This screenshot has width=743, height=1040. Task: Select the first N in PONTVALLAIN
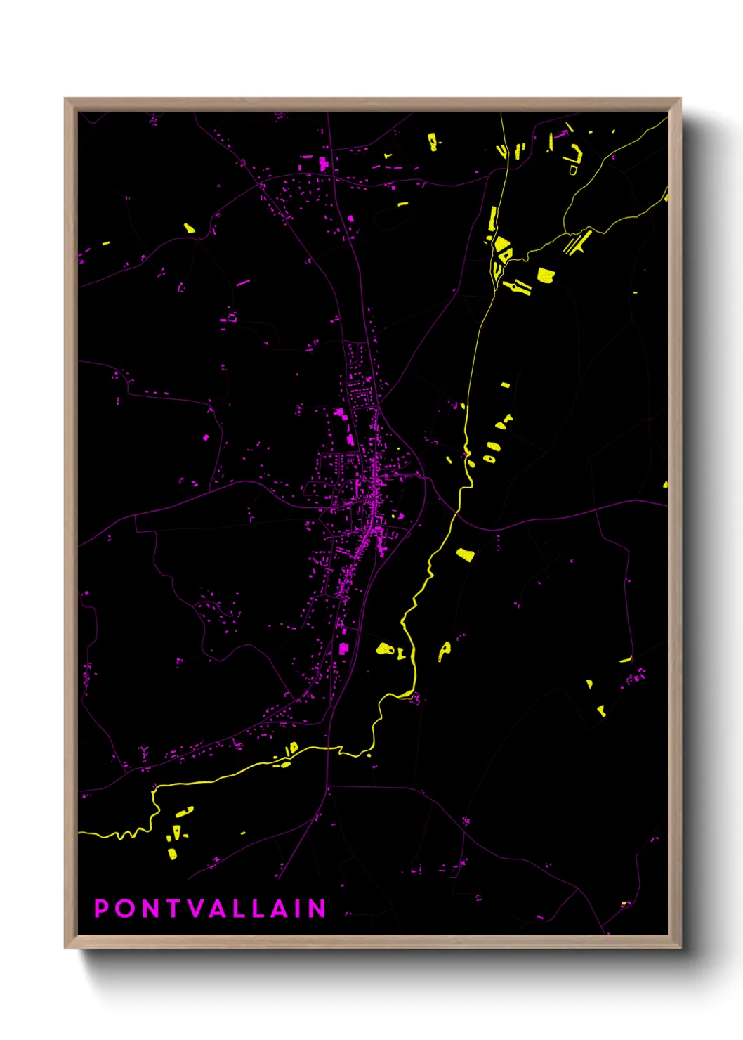150,909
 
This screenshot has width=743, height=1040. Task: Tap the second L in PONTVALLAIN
260,909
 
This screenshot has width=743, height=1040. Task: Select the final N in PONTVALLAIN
317,909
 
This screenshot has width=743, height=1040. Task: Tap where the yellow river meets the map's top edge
501,113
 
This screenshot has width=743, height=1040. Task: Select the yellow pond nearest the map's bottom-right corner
624,904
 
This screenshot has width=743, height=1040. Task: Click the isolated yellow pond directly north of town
403,204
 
